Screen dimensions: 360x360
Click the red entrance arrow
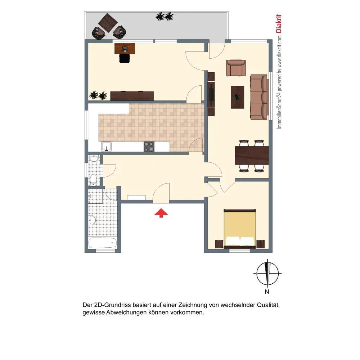161,213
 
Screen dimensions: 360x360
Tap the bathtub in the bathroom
103,243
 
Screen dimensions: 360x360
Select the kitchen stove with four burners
149,147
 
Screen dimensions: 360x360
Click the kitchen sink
106,147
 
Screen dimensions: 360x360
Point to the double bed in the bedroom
240,229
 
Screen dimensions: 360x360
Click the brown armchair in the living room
236,68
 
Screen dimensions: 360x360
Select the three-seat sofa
259,97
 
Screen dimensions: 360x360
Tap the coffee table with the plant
237,97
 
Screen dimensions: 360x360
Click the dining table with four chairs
252,156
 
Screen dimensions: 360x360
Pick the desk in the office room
125,49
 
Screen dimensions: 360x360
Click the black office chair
125,58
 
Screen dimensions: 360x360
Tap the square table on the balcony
108,23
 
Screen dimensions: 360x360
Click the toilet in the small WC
93,180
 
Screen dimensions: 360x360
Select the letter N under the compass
267,292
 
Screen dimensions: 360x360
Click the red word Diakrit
279,23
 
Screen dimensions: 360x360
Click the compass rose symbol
267,274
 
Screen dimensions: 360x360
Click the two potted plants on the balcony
165,17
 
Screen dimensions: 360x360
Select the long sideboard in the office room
132,96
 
